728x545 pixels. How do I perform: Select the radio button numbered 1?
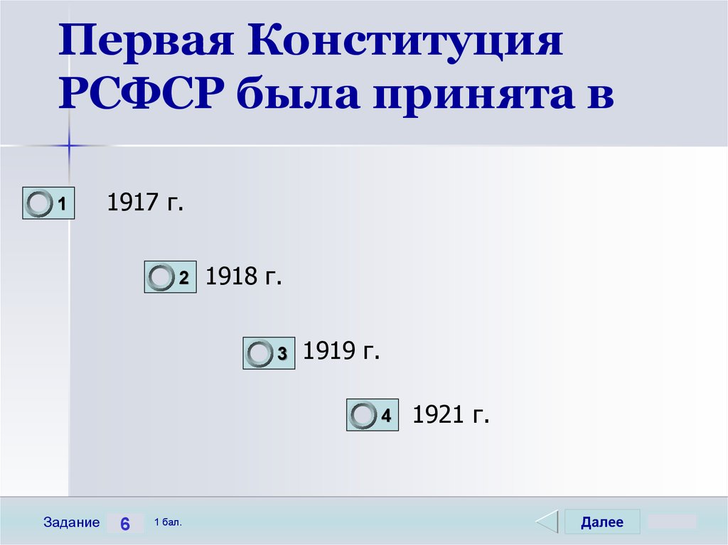pyautogui.click(x=39, y=204)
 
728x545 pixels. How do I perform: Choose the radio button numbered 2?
pyautogui.click(x=161, y=278)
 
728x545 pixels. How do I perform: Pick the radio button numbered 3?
pyautogui.click(x=259, y=353)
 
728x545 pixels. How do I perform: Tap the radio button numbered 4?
pyautogui.click(x=364, y=415)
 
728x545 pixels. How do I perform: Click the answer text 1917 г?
pyautogui.click(x=145, y=203)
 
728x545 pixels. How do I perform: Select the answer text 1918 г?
pyautogui.click(x=244, y=276)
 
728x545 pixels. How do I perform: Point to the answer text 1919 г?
pyautogui.click(x=342, y=351)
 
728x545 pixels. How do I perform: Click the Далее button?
pyautogui.click(x=602, y=522)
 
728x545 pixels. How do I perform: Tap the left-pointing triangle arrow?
pyautogui.click(x=547, y=522)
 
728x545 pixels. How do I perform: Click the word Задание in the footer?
pyautogui.click(x=71, y=523)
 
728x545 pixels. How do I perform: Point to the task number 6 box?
pyautogui.click(x=125, y=524)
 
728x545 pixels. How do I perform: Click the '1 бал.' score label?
pyautogui.click(x=168, y=522)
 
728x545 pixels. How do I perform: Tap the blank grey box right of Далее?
pyautogui.click(x=672, y=522)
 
